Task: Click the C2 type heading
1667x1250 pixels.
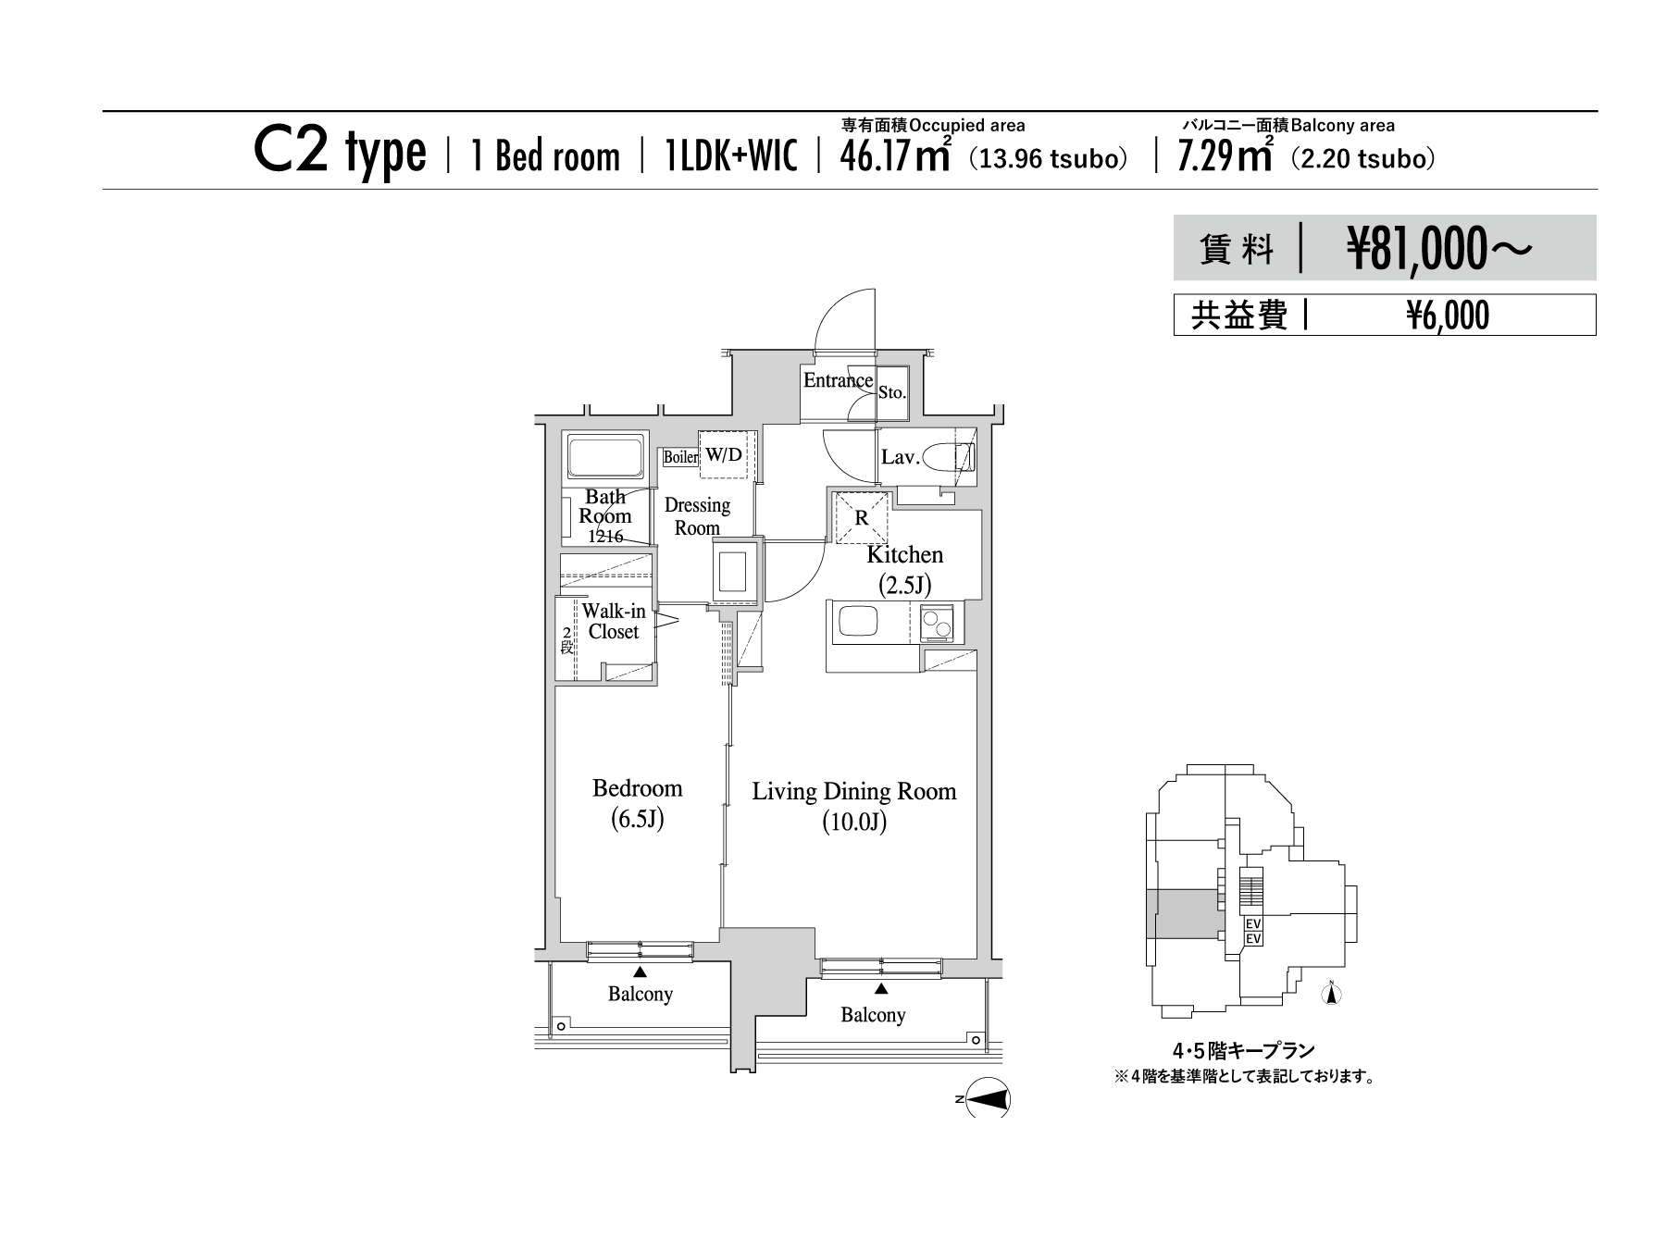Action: pyautogui.click(x=340, y=153)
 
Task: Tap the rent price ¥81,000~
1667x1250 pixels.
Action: pyautogui.click(x=1439, y=249)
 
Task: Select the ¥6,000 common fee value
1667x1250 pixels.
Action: pyautogui.click(x=1448, y=316)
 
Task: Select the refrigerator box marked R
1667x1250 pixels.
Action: pyautogui.click(x=862, y=518)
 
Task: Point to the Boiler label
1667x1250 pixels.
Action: pyautogui.click(x=680, y=457)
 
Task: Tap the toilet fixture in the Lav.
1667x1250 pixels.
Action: pyautogui.click(x=948, y=458)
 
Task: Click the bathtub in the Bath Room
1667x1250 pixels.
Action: pyautogui.click(x=605, y=459)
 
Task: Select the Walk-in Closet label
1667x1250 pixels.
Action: pyautogui.click(x=614, y=622)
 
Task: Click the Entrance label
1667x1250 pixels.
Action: pyautogui.click(x=838, y=380)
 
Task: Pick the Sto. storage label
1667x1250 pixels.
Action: pyautogui.click(x=892, y=392)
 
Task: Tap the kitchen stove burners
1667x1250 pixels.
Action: pyautogui.click(x=940, y=621)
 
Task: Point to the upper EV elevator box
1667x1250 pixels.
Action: pyautogui.click(x=1254, y=924)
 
